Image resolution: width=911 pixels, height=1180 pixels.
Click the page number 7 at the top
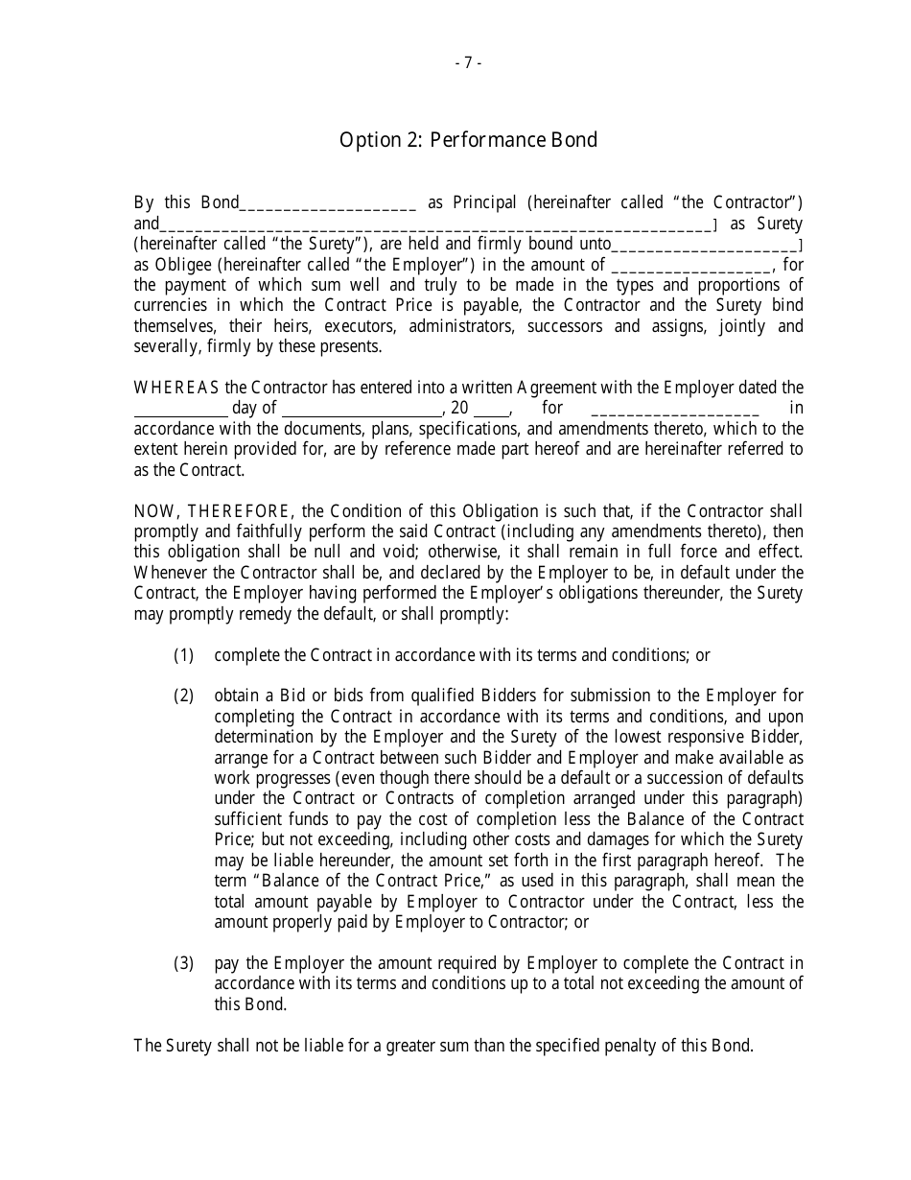coord(467,63)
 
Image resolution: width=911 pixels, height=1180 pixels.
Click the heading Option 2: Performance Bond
coord(468,140)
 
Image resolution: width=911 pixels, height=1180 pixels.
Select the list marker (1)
coord(183,655)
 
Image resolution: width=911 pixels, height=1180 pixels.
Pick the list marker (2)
coord(183,696)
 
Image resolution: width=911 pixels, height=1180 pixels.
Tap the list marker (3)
coord(183,963)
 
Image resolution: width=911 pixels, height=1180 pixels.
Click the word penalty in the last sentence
coord(630,1046)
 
